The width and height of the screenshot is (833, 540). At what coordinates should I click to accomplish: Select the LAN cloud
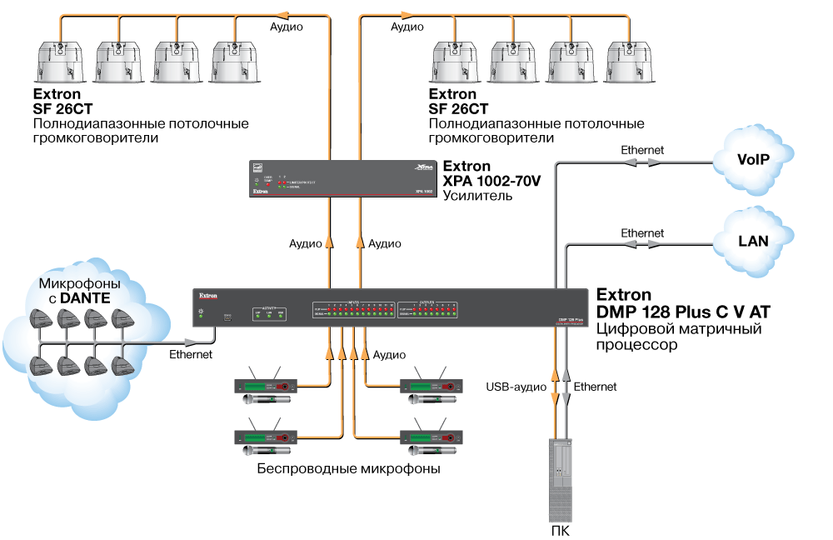[753, 242]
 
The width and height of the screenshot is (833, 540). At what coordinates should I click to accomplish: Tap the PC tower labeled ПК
[560, 478]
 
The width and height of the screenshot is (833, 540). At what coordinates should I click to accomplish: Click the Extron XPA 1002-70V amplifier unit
[342, 178]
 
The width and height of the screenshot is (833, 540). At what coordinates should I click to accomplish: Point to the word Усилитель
[477, 196]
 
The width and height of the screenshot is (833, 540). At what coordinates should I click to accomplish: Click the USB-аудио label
[516, 387]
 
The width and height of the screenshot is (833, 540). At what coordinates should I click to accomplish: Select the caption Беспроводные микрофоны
[348, 469]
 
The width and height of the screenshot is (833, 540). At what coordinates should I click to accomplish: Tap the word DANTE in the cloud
[84, 297]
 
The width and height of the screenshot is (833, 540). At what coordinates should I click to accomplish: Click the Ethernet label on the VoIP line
[642, 150]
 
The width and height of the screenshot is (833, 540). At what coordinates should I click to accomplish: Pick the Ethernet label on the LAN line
[642, 233]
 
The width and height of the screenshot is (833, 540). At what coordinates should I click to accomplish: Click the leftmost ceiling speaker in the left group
[59, 62]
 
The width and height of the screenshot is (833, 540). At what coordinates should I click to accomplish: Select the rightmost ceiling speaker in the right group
[628, 62]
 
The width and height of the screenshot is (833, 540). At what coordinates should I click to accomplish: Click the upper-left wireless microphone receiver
[267, 386]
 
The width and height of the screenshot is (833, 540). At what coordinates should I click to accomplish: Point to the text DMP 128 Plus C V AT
[683, 312]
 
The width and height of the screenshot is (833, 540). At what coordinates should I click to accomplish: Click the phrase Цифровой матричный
[679, 329]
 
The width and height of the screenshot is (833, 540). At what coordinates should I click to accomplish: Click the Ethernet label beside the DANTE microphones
[191, 355]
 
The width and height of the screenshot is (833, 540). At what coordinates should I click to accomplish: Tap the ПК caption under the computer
[560, 531]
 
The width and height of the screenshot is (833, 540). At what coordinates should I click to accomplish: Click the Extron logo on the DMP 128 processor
[207, 295]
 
